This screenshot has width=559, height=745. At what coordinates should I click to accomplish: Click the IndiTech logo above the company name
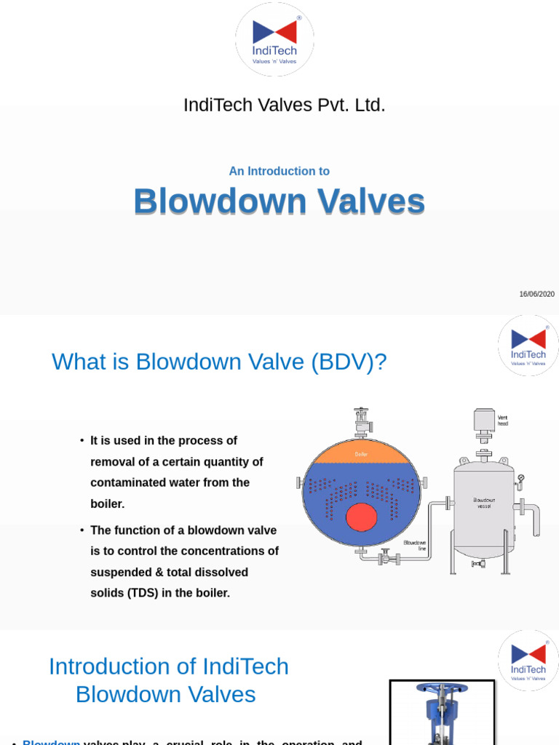274,39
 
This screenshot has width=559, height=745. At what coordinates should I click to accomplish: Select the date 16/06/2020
536,294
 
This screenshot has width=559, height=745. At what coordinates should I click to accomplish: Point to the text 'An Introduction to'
279,172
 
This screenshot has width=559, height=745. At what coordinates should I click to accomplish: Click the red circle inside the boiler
361,517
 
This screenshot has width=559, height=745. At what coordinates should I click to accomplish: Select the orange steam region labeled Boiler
361,453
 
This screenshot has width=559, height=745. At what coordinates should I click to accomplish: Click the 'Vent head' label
503,420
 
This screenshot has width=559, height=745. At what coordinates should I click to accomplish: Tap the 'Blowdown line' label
415,545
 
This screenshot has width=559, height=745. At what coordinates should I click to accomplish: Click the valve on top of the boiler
361,421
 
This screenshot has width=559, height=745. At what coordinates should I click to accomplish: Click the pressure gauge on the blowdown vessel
520,479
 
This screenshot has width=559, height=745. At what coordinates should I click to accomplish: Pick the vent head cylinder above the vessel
484,421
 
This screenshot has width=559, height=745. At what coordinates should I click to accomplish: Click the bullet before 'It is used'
82,441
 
